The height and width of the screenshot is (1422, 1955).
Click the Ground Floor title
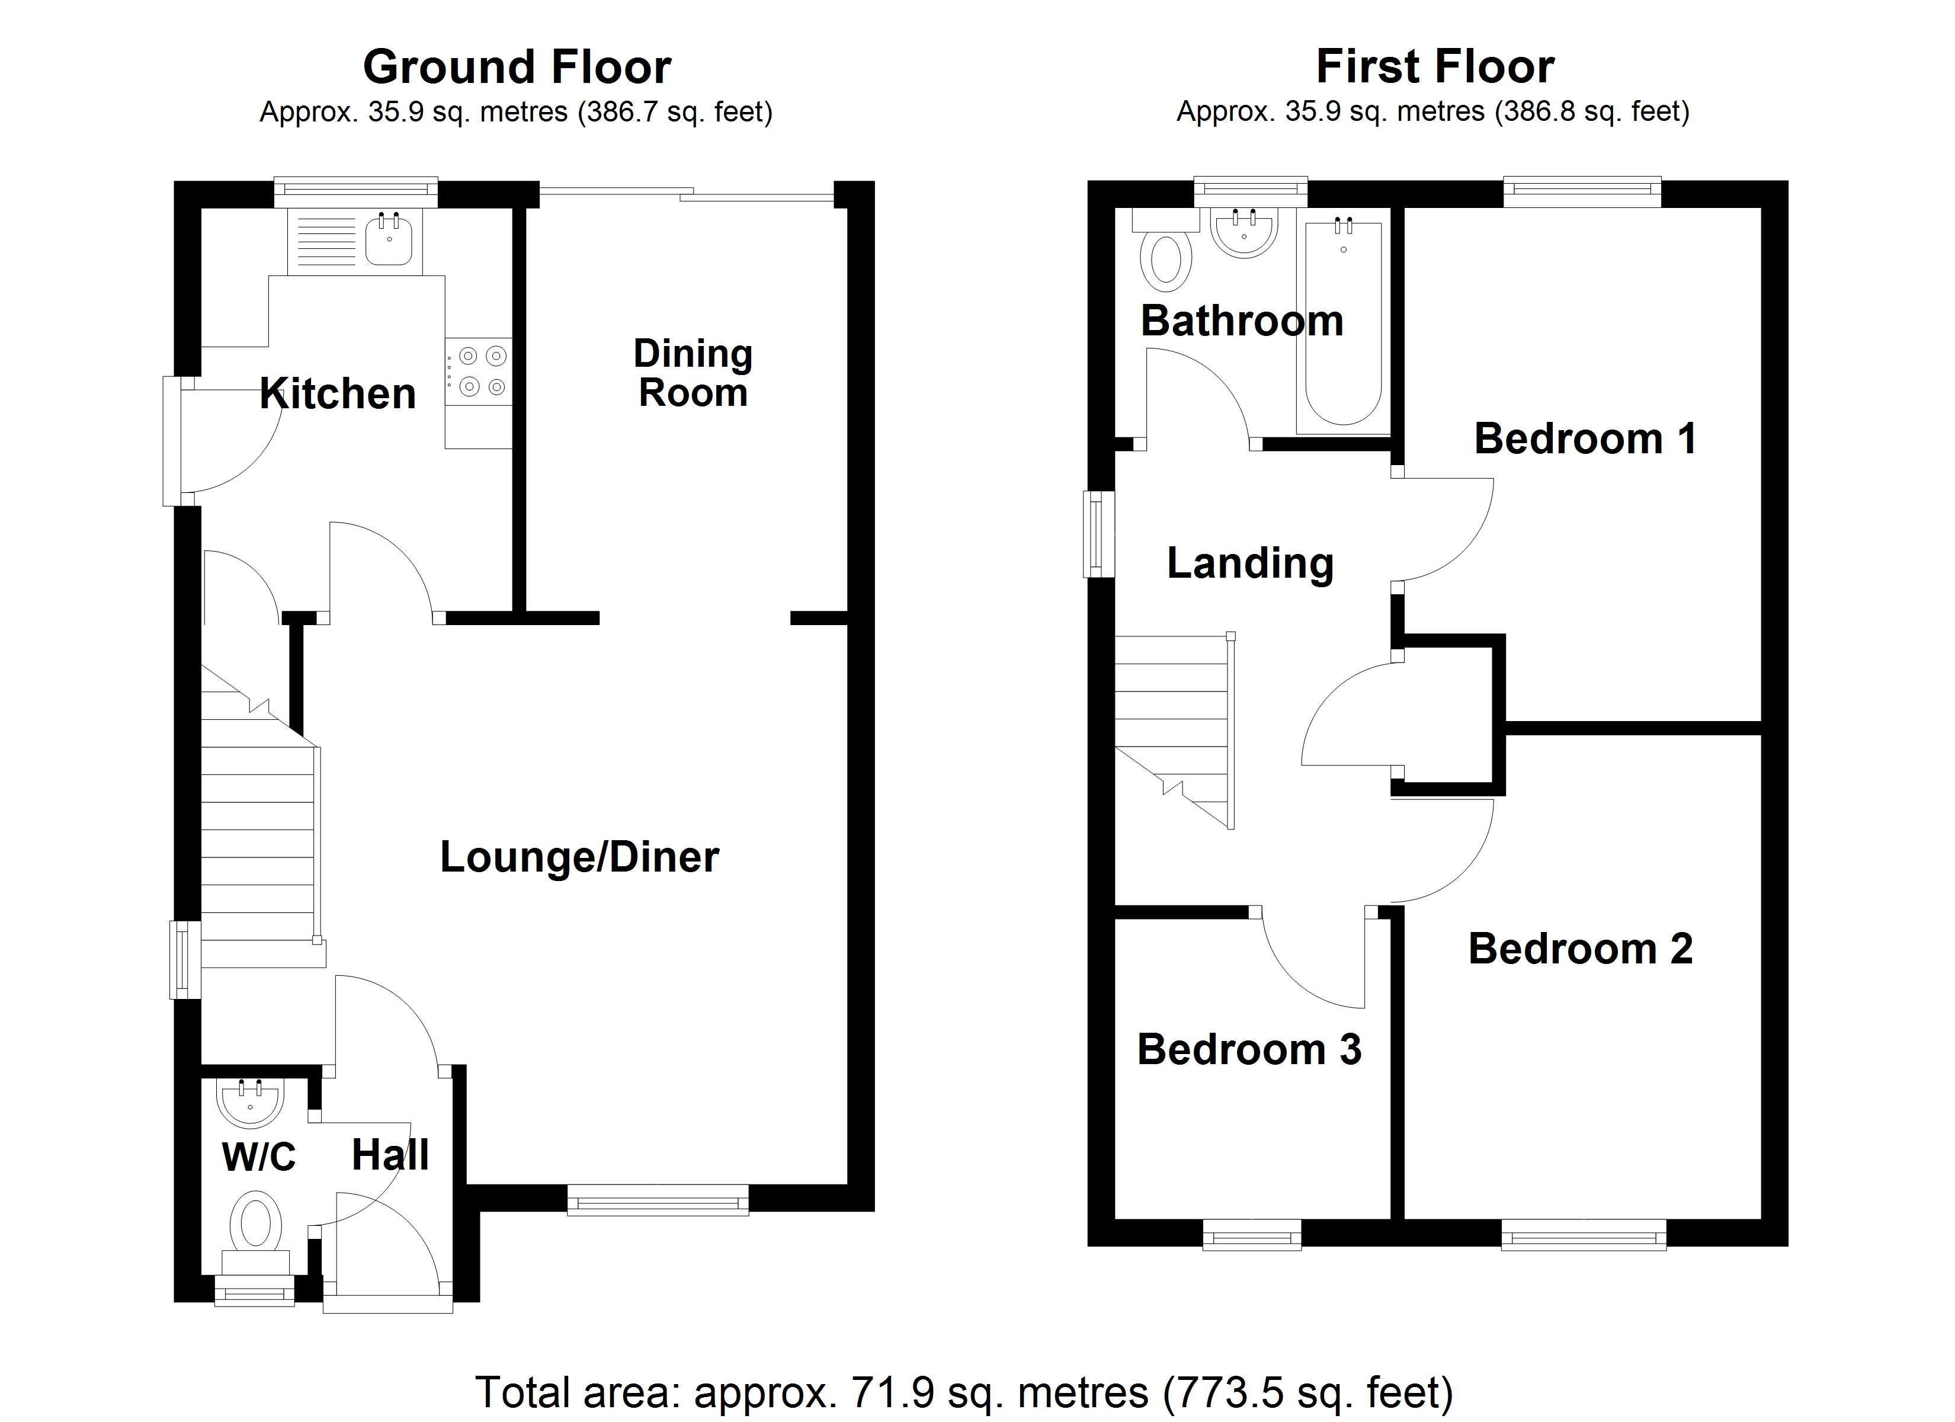pyautogui.click(x=517, y=68)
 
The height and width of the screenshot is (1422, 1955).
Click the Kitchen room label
pyautogui.click(x=338, y=394)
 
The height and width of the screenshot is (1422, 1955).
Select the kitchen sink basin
pyautogui.click(x=389, y=241)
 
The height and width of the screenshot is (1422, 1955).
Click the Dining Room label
pyautogui.click(x=693, y=373)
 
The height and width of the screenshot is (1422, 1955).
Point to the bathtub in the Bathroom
pyautogui.click(x=1343, y=324)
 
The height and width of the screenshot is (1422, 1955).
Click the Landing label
pyautogui.click(x=1250, y=563)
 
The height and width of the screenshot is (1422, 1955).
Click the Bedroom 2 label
pyautogui.click(x=1580, y=949)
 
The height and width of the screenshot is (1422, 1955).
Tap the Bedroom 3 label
pyautogui.click(x=1249, y=1049)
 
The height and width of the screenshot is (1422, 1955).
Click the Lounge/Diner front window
pyautogui.click(x=658, y=1199)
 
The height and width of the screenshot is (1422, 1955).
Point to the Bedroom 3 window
pyautogui.click(x=1252, y=1235)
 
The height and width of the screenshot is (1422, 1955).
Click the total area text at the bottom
pyautogui.click(x=964, y=1392)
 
